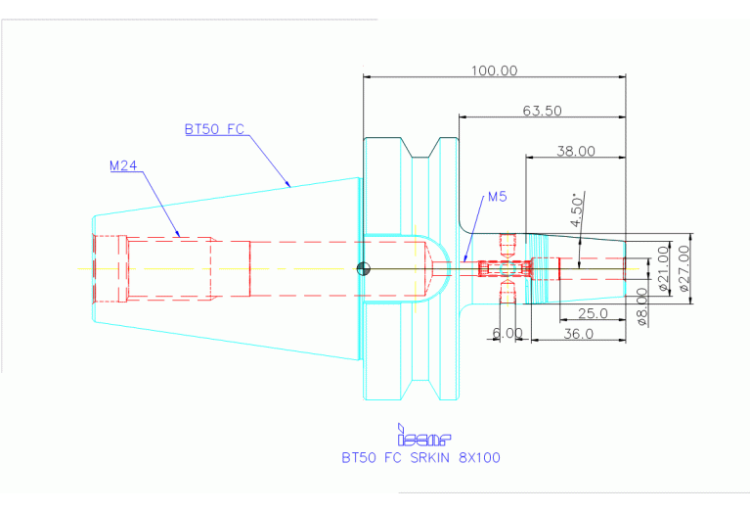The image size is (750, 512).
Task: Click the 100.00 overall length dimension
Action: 494,70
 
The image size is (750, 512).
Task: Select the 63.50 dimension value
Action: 542,111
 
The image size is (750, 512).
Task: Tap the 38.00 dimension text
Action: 576,151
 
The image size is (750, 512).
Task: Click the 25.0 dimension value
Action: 594,313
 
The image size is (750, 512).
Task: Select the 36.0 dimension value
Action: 579,334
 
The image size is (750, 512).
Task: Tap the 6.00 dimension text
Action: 507,334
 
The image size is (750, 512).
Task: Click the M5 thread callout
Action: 497,197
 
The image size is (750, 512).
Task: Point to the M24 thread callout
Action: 122,165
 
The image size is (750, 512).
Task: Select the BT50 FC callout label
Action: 214,128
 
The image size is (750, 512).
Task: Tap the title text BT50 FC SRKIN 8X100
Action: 420,457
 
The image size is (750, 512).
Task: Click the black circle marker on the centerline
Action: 363,269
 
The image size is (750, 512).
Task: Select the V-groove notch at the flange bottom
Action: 422,388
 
